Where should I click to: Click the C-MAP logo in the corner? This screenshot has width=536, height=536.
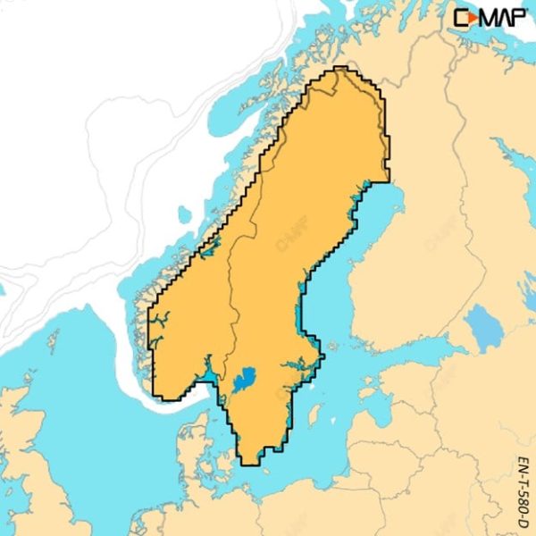click(489, 17)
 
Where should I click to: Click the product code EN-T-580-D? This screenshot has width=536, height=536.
click(523, 491)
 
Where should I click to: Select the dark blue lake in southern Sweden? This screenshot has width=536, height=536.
click(243, 381)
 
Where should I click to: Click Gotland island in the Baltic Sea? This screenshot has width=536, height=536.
click(314, 414)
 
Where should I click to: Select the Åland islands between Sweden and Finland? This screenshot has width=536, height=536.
click(343, 345)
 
